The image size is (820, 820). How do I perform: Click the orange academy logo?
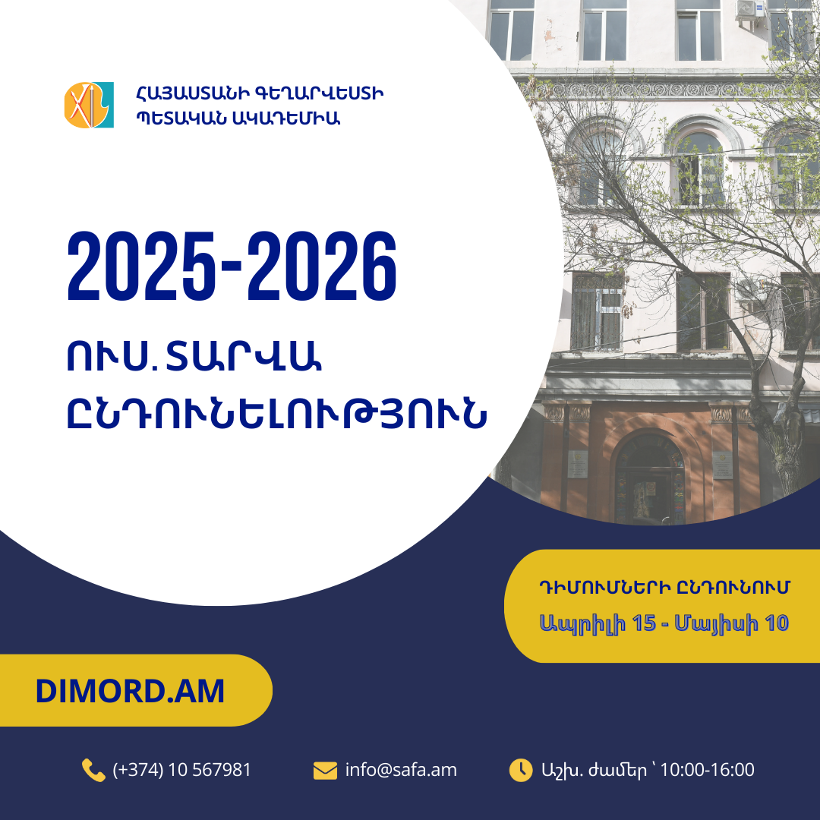[89, 105]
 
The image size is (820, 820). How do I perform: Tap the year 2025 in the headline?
[141, 266]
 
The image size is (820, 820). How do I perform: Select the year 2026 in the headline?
[322, 266]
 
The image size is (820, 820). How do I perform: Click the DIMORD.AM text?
[130, 691]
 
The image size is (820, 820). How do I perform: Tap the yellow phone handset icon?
[93, 771]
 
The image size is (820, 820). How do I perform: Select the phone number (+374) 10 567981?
[182, 770]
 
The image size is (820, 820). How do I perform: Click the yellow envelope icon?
[325, 771]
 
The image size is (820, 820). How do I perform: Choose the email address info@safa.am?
[401, 770]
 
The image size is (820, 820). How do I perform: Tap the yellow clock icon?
[521, 771]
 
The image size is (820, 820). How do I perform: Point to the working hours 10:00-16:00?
[707, 770]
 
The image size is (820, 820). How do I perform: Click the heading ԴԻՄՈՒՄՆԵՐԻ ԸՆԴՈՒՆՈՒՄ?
[664, 587]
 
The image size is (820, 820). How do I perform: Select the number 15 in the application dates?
[644, 623]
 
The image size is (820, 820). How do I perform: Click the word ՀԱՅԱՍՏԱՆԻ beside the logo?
[193, 93]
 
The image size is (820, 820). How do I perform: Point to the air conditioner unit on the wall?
[750, 10]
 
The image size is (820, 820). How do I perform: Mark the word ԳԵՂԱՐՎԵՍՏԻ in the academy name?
[320, 93]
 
